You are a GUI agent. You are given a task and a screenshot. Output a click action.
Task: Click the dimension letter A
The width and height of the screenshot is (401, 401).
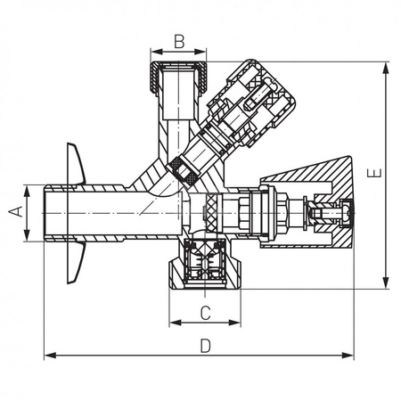point(15,211)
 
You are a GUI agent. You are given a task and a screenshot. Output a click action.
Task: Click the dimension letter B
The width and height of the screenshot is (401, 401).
point(178,40)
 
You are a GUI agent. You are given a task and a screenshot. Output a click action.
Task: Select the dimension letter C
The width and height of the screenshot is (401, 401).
point(204,313)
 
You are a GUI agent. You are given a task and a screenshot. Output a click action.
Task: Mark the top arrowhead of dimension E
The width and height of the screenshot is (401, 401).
point(387,66)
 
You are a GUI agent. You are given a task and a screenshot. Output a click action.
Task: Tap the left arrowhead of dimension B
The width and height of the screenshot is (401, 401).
point(153,51)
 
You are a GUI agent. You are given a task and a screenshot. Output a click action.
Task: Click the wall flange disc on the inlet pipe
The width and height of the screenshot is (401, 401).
point(75,214)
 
